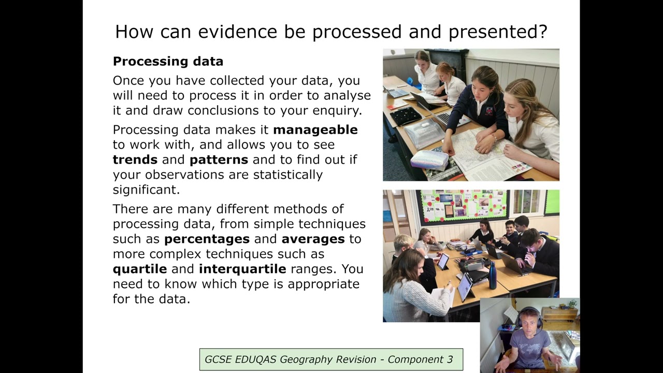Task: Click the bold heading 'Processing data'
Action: [168, 61]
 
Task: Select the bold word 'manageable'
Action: [315, 130]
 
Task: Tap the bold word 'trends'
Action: [135, 160]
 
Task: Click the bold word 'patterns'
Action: [219, 160]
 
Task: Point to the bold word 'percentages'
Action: [207, 239]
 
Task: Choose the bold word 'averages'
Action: [313, 239]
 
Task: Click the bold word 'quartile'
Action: [140, 269]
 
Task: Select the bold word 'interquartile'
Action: [242, 269]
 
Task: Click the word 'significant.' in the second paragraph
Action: [146, 190]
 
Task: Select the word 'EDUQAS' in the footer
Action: [256, 360]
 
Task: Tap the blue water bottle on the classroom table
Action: [492, 275]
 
